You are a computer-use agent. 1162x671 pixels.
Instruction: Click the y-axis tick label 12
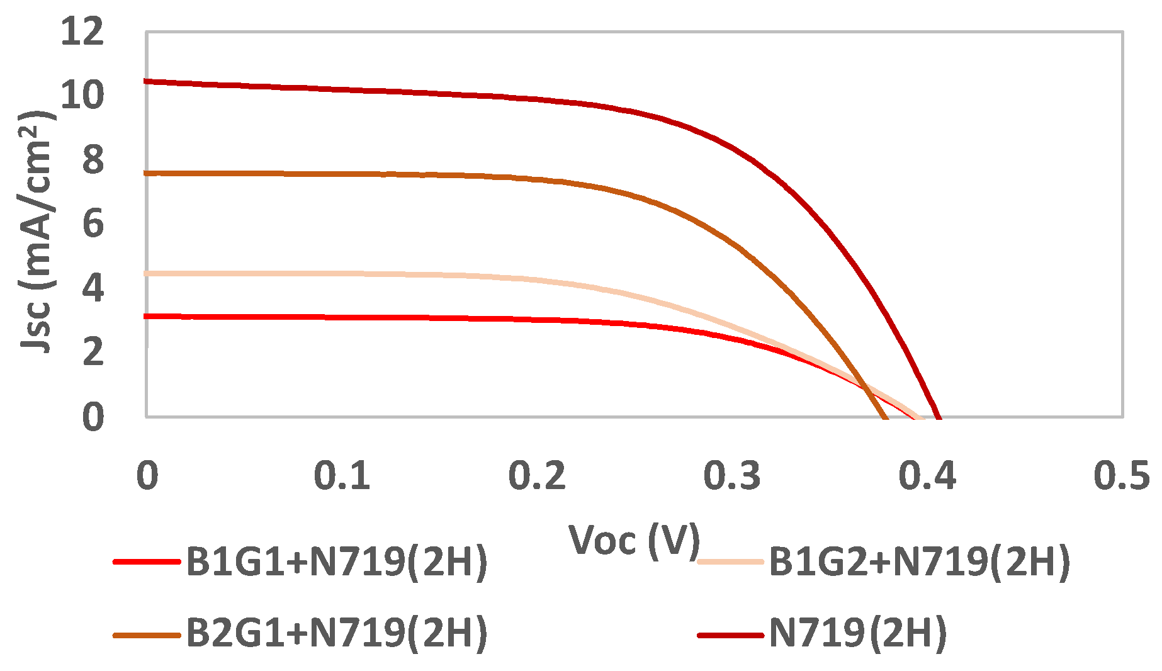point(82,31)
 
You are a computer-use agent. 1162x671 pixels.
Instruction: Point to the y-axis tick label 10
point(82,95)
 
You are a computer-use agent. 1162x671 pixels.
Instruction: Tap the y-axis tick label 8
point(93,159)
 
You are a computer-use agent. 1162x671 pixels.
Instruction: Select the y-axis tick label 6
point(93,223)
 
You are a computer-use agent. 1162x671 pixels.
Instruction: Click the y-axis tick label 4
point(93,288)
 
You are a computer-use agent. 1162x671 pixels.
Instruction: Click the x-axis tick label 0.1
point(342,476)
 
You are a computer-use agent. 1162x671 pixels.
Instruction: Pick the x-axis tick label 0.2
point(537,476)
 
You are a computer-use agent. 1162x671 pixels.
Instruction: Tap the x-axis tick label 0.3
point(732,476)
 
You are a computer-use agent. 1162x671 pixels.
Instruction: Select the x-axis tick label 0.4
point(927,476)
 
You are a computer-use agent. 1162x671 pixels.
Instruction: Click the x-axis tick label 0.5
point(1122,476)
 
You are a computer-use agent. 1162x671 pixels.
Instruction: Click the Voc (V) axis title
point(635,540)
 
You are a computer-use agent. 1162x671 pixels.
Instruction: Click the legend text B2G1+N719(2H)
point(337,633)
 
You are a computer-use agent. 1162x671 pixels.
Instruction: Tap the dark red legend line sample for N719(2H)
point(730,634)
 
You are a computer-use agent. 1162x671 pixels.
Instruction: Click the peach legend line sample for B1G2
point(730,561)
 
